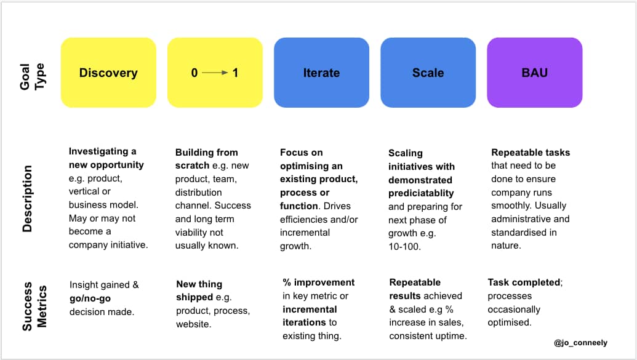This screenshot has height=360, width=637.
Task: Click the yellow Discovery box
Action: pyautogui.click(x=108, y=73)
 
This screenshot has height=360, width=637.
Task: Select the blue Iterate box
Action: pyautogui.click(x=321, y=73)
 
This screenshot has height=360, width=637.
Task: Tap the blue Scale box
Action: pyautogui.click(x=428, y=73)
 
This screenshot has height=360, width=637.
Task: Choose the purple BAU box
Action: pyautogui.click(x=535, y=73)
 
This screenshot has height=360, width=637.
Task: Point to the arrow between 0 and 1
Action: pyautogui.click(x=215, y=73)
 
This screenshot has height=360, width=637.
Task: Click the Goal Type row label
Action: pyautogui.click(x=32, y=76)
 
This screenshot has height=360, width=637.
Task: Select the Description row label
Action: pyautogui.click(x=27, y=199)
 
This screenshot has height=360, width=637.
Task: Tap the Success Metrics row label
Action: pyautogui.click(x=34, y=306)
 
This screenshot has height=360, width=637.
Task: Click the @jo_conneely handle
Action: pyautogui.click(x=580, y=343)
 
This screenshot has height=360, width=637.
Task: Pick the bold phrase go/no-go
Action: pyautogui.click(x=90, y=298)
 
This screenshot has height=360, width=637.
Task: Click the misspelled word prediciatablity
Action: pyautogui.click(x=421, y=193)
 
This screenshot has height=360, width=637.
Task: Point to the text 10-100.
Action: pyautogui.click(x=404, y=247)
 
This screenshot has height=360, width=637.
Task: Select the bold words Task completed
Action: pyautogui.click(x=524, y=282)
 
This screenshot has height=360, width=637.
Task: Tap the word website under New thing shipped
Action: pyautogui.click(x=193, y=324)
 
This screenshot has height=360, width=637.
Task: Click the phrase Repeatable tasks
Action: pyautogui.click(x=531, y=153)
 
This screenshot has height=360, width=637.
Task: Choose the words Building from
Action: pyautogui.click(x=206, y=153)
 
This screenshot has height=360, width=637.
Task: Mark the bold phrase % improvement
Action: pyautogui.click(x=319, y=282)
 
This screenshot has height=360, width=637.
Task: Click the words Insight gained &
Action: pyautogui.click(x=104, y=285)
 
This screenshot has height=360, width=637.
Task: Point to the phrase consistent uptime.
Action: pyautogui.click(x=428, y=336)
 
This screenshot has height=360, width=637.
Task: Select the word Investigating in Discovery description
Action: pyautogui.click(x=98, y=151)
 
